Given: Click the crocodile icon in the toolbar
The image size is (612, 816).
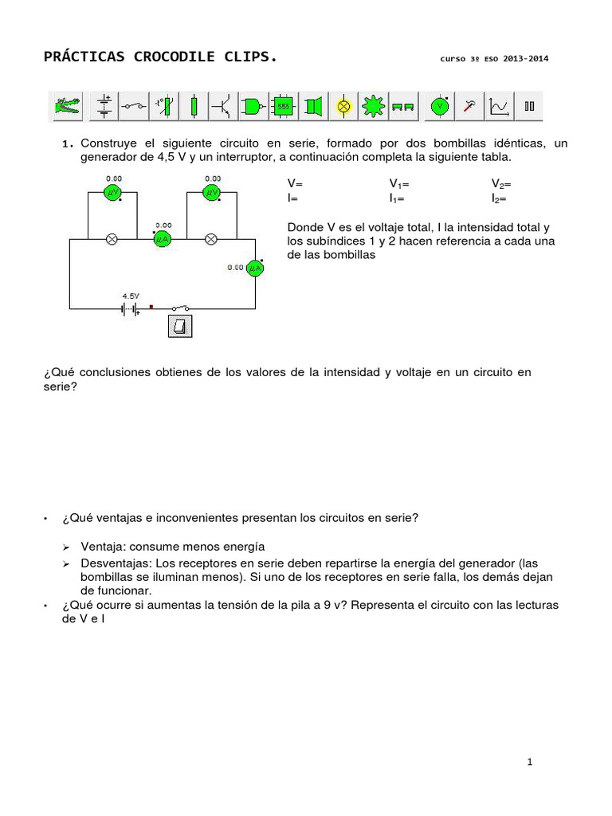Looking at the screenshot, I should coord(65,105).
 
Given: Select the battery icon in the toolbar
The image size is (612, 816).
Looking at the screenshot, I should coord(104,105).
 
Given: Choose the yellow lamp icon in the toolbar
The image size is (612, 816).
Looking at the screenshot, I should coord(343,105).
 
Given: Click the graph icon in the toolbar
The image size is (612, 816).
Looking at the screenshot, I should coord(500,105).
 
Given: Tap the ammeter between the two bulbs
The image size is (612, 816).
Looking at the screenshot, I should coord(163,238).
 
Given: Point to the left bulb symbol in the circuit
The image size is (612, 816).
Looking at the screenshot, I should coord(112,238).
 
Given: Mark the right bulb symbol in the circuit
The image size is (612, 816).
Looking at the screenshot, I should coord(211,238).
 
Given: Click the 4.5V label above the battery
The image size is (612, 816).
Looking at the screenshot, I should coord(130,294).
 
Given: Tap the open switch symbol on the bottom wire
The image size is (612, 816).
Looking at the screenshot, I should coord(181,308).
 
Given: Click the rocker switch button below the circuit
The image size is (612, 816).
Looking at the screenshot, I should coord(180,325).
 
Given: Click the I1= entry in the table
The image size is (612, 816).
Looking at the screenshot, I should coord(397,198).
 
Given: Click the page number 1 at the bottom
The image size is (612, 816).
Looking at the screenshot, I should coord(529,763).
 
